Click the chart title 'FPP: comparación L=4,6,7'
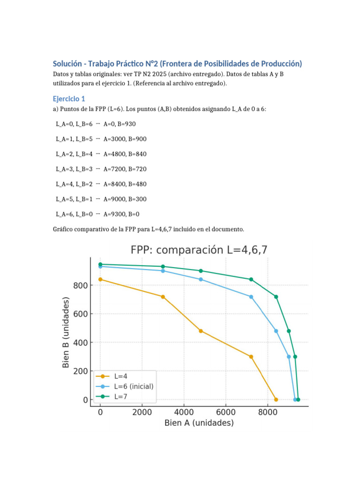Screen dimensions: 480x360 point(199,250)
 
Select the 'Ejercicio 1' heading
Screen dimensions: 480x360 point(69,99)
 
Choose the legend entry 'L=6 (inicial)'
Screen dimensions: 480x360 point(134,386)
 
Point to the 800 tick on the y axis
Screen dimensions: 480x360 point(81,285)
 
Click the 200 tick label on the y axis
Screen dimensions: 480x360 point(81,371)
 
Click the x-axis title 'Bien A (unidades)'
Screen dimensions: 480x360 point(199,423)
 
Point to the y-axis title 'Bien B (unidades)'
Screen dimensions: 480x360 point(66,332)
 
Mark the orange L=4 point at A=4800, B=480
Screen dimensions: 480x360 point(201,331)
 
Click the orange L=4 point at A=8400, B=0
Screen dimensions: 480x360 point(276,399)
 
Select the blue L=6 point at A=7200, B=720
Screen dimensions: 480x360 point(251,297)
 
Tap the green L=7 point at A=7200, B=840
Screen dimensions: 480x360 point(251,279)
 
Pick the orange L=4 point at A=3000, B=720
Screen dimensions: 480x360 point(163,297)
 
